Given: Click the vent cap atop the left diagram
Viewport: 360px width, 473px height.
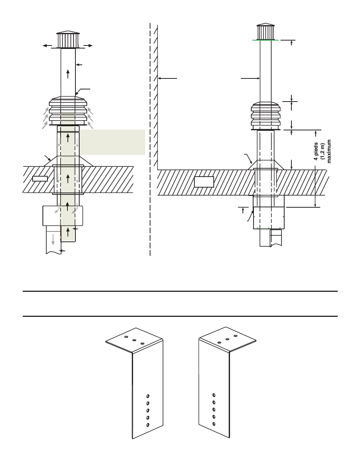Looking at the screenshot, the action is point(68,39).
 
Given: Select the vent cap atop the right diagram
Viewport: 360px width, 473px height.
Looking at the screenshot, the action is point(265,31).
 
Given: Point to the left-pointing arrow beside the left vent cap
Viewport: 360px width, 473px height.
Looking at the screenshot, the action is point(47,45).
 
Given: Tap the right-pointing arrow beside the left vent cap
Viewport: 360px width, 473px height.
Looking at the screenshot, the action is point(88,45).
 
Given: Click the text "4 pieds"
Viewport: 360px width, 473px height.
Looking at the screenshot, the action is point(316,151).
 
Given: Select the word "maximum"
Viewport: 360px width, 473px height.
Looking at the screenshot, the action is point(329,151).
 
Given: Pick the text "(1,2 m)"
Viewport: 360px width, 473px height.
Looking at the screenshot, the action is point(322,151).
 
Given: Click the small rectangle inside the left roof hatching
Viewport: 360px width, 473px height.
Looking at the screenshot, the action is point(40,179).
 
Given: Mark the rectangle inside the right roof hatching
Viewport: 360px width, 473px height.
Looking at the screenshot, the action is point(204,182).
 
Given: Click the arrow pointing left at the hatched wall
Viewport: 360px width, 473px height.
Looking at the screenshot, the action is point(167,78).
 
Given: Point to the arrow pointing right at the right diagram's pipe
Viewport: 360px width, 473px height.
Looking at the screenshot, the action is point(250,78).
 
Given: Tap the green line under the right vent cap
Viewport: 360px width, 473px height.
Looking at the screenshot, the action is point(265,40).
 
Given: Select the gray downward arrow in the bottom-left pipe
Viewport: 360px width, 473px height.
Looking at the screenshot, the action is point(53,240).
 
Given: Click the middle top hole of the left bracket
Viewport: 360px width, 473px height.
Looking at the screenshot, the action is point(134,340).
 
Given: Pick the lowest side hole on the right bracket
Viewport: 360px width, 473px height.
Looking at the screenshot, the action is point(214,424).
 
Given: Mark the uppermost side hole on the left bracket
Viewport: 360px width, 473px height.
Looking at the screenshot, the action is point(148,396).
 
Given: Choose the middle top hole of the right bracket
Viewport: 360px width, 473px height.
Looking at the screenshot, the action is point(227,339).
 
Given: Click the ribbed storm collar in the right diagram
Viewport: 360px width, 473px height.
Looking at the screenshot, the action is point(266,116).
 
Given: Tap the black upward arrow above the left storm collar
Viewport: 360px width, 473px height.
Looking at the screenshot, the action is point(68,74).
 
